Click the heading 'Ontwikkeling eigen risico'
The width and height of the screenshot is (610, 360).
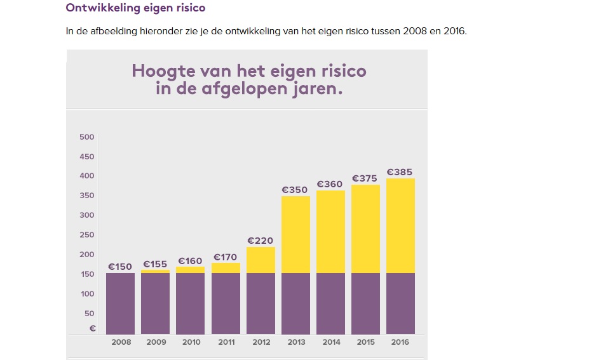pyautogui.click(x=135, y=8)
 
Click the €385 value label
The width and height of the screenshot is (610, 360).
pyautogui.click(x=400, y=172)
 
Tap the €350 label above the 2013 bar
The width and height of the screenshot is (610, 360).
pyautogui.click(x=295, y=189)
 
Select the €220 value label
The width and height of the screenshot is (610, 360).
pyautogui.click(x=260, y=241)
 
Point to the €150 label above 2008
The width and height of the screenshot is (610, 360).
pyautogui.click(x=119, y=267)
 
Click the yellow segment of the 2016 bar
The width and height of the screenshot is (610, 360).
pyautogui.click(x=400, y=225)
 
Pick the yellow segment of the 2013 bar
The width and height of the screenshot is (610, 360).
pyautogui.click(x=295, y=234)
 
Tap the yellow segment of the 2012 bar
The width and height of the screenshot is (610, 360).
pyautogui.click(x=261, y=260)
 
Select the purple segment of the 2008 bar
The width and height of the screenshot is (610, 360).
pyautogui.click(x=120, y=303)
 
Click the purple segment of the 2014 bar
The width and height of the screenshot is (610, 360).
pyautogui.click(x=330, y=303)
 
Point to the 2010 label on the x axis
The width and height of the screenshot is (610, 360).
pyautogui.click(x=191, y=342)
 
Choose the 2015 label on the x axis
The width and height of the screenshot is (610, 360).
pyautogui.click(x=365, y=342)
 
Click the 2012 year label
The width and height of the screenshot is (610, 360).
pyautogui.click(x=261, y=342)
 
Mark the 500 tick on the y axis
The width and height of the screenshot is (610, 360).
pyautogui.click(x=87, y=137)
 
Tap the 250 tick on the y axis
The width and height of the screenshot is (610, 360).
pyautogui.click(x=87, y=235)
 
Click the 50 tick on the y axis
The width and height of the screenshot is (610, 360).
pyautogui.click(x=89, y=314)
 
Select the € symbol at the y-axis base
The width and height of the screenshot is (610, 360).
pyautogui.click(x=93, y=328)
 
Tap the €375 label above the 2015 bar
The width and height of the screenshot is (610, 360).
pyautogui.click(x=365, y=178)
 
